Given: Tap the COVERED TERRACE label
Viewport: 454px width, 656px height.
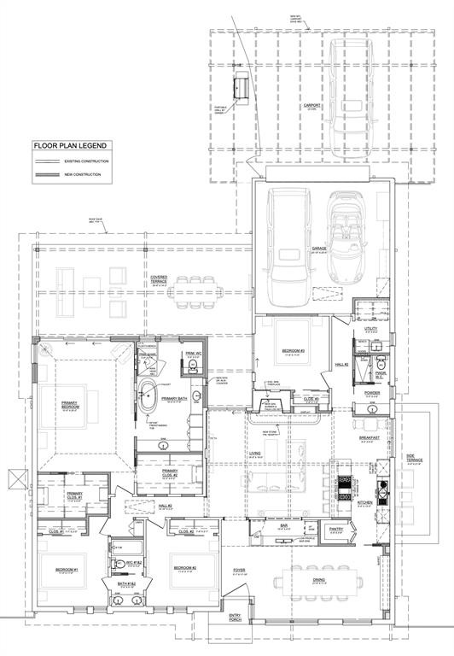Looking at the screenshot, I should point(160,278).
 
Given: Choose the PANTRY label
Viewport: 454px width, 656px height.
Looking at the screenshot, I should point(335,529).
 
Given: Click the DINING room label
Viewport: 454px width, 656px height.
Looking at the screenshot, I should point(318,580).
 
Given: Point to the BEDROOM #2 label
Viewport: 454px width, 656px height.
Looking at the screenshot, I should point(185,568).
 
